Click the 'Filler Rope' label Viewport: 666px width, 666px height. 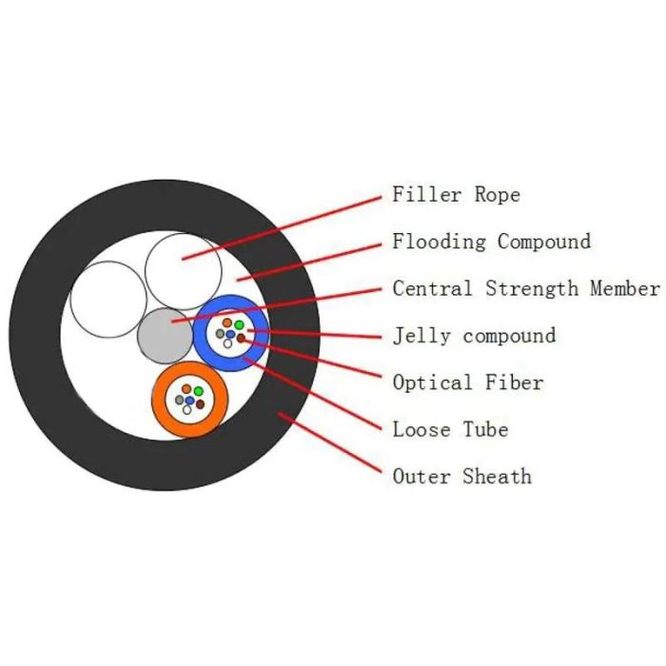(x=456, y=195)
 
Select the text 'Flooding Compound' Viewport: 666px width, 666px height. (x=491, y=242)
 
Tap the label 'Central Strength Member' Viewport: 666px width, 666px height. (x=525, y=288)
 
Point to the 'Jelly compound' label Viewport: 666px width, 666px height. (x=474, y=336)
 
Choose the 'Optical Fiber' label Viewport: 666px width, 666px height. (x=467, y=382)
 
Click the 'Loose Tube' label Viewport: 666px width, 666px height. (x=450, y=429)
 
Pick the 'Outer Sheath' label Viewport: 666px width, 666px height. (x=461, y=476)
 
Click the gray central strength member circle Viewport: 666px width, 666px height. (x=164, y=335)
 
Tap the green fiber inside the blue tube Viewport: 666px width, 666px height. (x=240, y=325)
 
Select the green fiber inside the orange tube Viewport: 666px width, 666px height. (x=198, y=391)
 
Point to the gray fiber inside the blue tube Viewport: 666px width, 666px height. (x=220, y=334)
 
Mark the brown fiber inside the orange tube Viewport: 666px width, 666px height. (x=201, y=404)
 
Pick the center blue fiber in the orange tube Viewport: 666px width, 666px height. (x=190, y=401)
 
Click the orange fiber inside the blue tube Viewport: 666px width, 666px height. (x=227, y=323)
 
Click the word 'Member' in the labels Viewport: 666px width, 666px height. (x=624, y=288)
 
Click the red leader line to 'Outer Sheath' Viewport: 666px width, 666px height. (x=333, y=445)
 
